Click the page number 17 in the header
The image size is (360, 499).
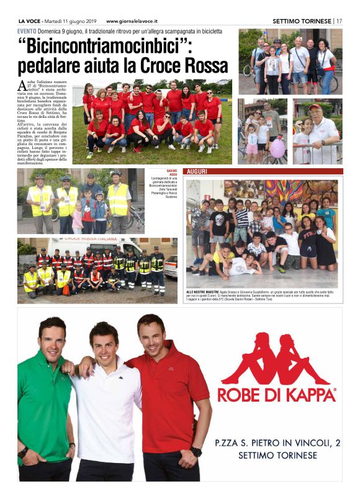tap(340, 20)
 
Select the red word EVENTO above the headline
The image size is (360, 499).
tap(26, 31)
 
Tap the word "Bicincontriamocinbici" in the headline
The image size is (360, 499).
tap(105, 47)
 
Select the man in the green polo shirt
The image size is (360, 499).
tap(45, 397)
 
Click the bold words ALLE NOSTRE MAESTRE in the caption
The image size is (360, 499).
tap(204, 290)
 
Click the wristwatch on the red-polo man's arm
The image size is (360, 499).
tap(196, 452)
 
